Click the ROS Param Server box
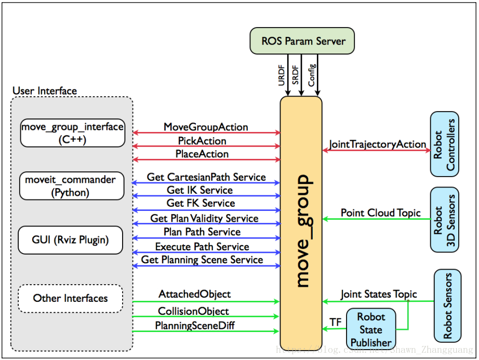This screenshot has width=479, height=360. point(302,41)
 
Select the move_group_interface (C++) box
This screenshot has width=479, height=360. point(73,133)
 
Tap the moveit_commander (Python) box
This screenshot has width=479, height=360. point(72,186)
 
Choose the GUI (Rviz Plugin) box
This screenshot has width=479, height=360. point(71,240)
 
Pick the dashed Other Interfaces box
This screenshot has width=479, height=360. point(71,298)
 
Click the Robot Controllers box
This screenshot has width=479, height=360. point(445,144)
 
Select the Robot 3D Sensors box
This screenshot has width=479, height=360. point(445,220)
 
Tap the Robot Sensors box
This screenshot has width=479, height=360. point(447,305)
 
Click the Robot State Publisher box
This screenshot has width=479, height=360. point(371,329)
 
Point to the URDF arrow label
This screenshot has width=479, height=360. point(282,75)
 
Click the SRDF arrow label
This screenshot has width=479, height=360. point(295,75)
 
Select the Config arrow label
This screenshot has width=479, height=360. point(311,75)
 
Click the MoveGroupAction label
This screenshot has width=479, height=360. point(206,127)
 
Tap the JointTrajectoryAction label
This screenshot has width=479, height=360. point(378,144)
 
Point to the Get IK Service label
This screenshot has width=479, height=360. point(200,190)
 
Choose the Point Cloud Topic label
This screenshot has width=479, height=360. point(381,212)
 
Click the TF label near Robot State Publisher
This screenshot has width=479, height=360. point(336,322)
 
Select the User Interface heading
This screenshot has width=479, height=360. point(45,91)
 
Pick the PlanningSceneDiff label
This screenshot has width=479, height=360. point(195,326)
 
